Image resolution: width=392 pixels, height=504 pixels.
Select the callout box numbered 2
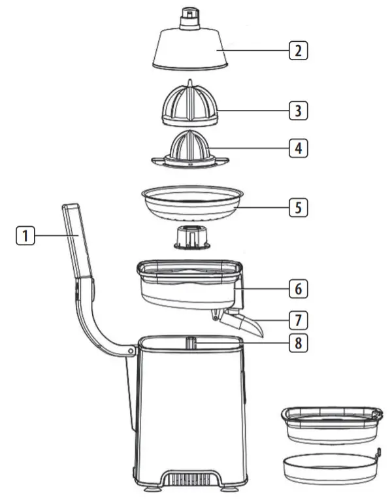[x=298, y=50]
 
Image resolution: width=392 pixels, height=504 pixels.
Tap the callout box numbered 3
[x=298, y=110]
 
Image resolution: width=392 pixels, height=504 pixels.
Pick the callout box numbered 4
[x=298, y=148]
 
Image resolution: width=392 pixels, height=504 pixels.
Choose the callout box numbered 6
[x=298, y=288]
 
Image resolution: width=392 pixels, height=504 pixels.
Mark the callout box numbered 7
[x=298, y=320]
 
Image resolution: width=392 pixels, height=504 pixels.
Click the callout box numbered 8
[x=298, y=343]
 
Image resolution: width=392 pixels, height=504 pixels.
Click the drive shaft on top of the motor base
[x=190, y=343]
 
